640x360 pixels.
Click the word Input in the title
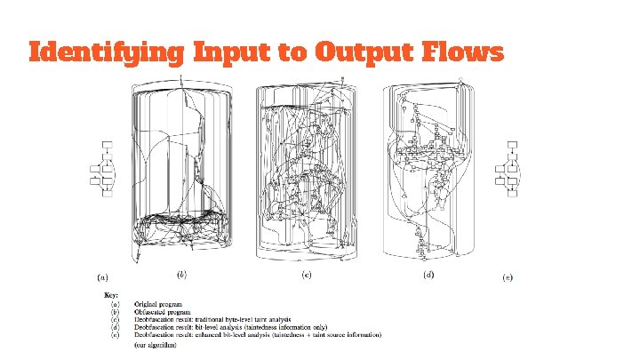[x=233, y=53]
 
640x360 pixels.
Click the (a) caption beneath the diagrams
[x=104, y=277]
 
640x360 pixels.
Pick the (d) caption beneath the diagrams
[x=428, y=275]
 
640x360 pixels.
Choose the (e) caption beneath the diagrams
[x=507, y=277]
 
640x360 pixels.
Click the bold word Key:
[x=111, y=294]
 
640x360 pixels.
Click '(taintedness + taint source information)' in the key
[x=328, y=334]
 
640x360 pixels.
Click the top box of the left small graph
[x=107, y=144]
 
